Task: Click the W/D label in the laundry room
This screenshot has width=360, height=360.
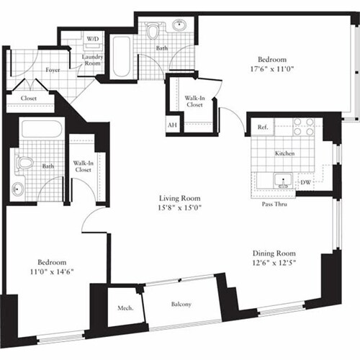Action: coord(93,38)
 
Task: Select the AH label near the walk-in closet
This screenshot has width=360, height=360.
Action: coord(172,125)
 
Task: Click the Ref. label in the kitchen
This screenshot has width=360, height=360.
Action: coord(262,127)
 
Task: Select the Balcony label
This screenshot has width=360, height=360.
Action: coord(181,305)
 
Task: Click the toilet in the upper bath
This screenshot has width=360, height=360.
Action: coord(153,32)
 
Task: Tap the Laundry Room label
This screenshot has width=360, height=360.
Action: coord(94,60)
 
